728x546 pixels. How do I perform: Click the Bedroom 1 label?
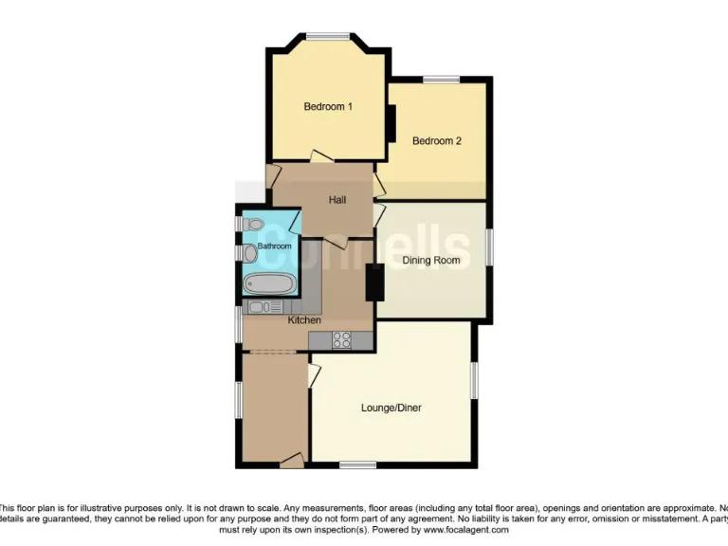coord(328,107)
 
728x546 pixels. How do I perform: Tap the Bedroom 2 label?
coord(436,141)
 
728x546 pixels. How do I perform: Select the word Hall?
coord(337,200)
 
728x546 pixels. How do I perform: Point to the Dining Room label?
coord(431,260)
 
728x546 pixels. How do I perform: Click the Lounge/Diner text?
coord(391,409)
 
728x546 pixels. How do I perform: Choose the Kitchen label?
coord(304,320)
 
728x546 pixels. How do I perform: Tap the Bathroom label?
coord(274,246)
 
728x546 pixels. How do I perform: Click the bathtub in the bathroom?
coord(269,283)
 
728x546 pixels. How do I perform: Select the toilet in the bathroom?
coord(251,224)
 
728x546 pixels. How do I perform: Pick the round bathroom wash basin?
coord(249,253)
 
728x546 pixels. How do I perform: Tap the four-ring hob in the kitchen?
coord(342,338)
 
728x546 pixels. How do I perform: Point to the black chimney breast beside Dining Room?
coord(375,282)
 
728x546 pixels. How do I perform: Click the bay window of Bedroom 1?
coord(327,37)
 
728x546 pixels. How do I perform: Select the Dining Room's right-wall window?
coord(490,246)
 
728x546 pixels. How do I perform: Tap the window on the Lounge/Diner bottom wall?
coord(356,464)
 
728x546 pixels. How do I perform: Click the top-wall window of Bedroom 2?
coord(441,80)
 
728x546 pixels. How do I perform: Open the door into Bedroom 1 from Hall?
coord(320,156)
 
